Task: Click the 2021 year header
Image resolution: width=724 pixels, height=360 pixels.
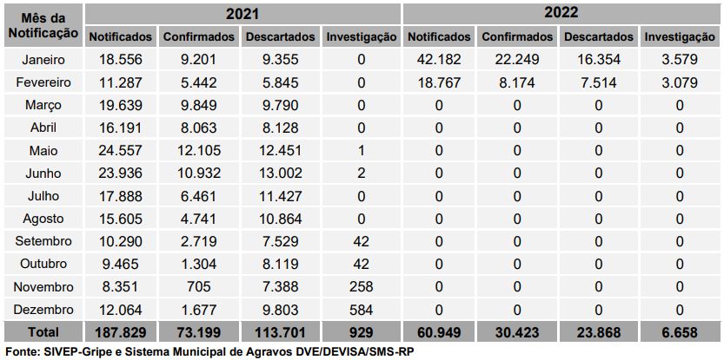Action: coord(242,15)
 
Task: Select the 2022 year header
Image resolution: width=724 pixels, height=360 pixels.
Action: coord(561,15)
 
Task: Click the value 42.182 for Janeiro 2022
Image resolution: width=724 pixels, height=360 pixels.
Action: coord(439,60)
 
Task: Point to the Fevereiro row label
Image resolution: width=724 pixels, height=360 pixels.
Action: coord(42,82)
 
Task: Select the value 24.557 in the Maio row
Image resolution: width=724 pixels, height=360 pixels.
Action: coord(120,150)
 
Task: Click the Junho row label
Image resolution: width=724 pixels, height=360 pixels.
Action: coord(42,173)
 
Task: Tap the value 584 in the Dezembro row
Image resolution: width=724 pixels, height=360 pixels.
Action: coord(360,309)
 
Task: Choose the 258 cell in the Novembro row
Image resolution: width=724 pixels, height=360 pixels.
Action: coord(360,286)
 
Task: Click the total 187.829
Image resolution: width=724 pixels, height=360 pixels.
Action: coord(120,331)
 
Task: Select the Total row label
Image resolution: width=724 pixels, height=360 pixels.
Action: coord(42,331)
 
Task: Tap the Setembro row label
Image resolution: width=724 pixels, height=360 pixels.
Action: coord(42,241)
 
